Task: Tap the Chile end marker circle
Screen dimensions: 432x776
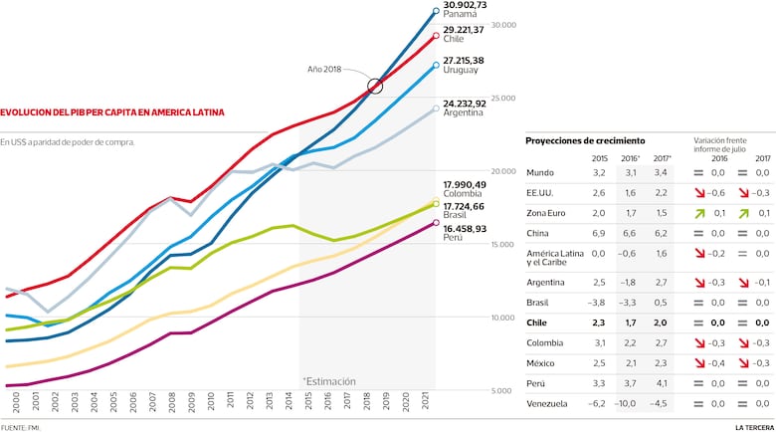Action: pos(436,36)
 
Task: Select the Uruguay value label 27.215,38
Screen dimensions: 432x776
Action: pos(464,61)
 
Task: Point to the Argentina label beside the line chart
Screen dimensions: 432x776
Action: pos(463,112)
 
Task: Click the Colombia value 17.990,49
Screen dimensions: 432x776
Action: pos(464,184)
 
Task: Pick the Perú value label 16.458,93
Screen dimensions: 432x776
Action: pos(464,229)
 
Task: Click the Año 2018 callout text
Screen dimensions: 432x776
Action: pos(325,70)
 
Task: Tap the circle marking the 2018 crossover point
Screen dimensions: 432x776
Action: pos(375,87)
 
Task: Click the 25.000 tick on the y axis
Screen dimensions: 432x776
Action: pos(504,99)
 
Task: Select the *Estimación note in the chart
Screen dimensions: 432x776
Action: pos(328,380)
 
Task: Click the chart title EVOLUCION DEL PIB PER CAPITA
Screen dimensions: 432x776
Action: pos(112,112)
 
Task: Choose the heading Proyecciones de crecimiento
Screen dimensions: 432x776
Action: pos(584,141)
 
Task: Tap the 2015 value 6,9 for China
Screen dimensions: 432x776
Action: pos(598,232)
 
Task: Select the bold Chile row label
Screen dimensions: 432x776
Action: pos(538,323)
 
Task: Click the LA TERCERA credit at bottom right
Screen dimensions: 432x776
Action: pos(752,426)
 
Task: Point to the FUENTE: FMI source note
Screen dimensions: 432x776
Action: pos(27,426)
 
